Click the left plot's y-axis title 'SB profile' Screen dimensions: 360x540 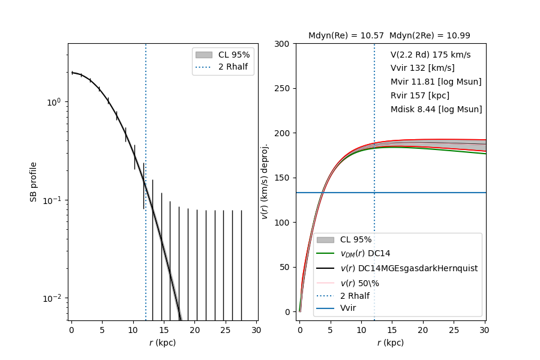click(34, 181)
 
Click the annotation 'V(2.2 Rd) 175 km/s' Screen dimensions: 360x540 click(430, 55)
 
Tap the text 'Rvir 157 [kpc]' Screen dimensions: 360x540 click(419, 95)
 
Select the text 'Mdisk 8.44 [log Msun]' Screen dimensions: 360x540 click(436, 109)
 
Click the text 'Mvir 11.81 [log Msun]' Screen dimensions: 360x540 click(436, 82)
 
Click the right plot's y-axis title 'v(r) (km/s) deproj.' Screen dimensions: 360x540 click(265, 181)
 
